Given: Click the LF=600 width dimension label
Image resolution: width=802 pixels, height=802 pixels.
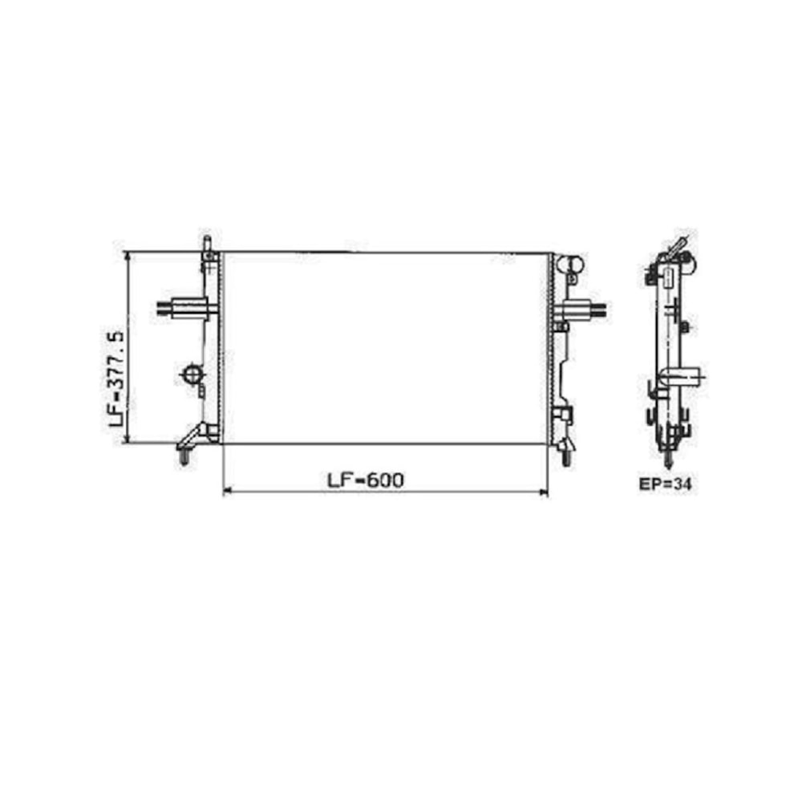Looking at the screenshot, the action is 365,480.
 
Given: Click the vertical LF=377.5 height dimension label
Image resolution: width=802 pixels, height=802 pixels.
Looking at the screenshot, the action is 116,379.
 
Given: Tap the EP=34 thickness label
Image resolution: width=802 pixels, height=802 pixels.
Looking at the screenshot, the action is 665,484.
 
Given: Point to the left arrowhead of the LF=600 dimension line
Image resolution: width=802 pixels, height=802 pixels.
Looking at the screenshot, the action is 228,492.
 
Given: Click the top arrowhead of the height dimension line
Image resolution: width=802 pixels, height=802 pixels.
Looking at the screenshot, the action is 127,256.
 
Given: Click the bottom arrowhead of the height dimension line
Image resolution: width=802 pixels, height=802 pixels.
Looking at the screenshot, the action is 127,439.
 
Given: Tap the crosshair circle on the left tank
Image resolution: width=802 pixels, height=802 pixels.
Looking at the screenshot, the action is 192,375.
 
